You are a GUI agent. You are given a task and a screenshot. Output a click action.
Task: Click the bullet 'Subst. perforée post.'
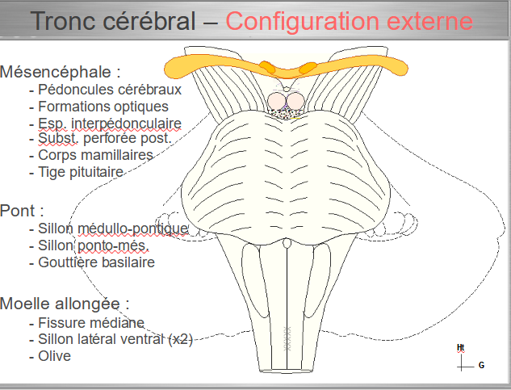point(105,138)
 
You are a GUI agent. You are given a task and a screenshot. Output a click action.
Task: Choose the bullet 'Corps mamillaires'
point(95,154)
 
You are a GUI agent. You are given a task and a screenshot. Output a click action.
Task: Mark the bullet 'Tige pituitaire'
point(81,171)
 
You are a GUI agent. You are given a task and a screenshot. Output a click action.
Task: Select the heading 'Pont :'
point(22,211)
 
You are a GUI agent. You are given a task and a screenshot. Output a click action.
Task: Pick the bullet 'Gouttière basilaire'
point(96,262)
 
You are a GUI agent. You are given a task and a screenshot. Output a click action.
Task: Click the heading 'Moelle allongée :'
point(65,304)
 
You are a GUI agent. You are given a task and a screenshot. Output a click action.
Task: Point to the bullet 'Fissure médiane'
point(91,323)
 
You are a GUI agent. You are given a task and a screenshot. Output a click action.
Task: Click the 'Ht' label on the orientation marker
point(460,348)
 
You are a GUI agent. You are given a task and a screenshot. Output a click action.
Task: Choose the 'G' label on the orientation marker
point(481,365)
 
